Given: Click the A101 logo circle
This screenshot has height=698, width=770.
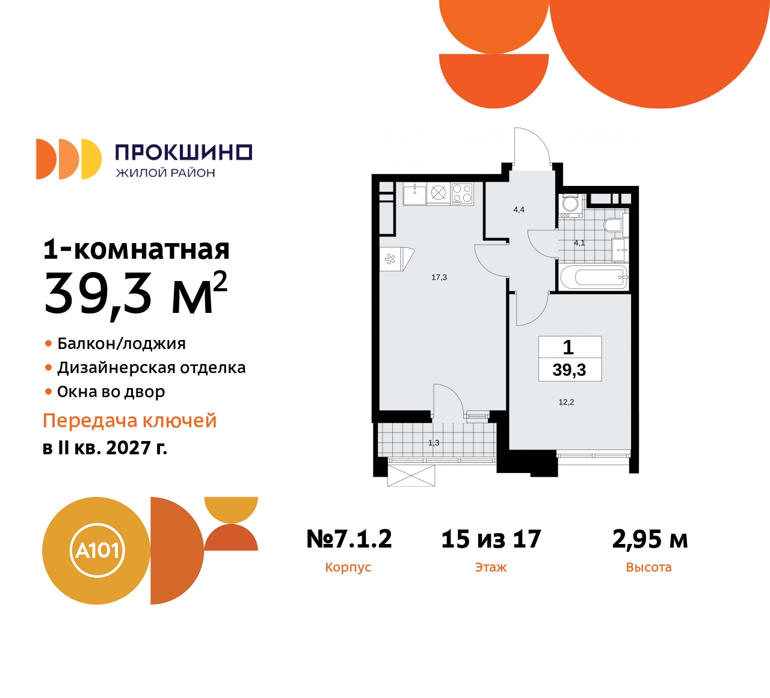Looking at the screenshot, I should click(96, 550).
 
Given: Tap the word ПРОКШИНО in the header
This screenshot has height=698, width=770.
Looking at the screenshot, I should click(183, 152).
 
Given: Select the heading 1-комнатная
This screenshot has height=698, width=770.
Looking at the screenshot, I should click(137, 249).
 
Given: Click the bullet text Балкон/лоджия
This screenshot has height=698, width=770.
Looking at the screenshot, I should click(122, 344).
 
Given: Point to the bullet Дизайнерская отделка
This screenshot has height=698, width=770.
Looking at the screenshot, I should click(151, 368).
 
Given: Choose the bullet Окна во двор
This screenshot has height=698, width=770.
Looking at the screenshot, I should click(111, 392).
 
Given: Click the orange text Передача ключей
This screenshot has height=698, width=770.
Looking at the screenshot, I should click(129, 421).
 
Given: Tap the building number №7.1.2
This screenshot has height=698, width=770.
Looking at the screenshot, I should click(349, 539).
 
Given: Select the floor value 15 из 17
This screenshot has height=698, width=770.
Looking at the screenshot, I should click(491, 539).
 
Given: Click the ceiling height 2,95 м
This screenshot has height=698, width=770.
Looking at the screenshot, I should click(650, 539).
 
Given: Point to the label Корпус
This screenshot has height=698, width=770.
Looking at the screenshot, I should click(348, 567).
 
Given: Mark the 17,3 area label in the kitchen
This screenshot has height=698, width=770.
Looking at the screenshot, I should click(439, 277).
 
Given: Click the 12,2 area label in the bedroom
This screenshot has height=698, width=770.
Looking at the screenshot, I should click(566, 402).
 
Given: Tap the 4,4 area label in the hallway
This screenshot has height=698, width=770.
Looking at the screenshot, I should click(519, 209).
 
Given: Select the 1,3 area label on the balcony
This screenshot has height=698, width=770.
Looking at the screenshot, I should click(434, 443).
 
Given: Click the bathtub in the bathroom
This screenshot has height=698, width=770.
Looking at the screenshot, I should click(594, 277).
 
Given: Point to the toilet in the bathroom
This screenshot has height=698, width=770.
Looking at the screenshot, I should click(613, 226).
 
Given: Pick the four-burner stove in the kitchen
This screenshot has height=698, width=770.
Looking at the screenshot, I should click(462, 193).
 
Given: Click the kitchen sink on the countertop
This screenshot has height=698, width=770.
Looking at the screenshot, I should click(414, 194).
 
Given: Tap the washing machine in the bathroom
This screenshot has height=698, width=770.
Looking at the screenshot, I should click(570, 204).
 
